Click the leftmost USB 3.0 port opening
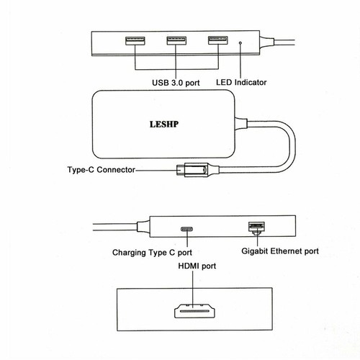[x=135, y=40]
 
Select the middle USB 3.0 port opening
[x=176, y=40]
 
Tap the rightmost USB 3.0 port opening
[x=218, y=40]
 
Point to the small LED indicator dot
[x=240, y=43]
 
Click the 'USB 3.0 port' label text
[x=176, y=83]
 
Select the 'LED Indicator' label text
[x=241, y=82]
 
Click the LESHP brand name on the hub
[x=164, y=124]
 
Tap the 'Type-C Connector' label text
[x=102, y=170]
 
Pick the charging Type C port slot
[x=187, y=229]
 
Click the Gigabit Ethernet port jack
[x=256, y=228]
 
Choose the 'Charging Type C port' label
[x=152, y=253]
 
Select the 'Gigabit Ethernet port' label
[x=280, y=251]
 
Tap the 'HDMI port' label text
[x=197, y=266]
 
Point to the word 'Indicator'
[x=251, y=82]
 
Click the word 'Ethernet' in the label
[x=286, y=251]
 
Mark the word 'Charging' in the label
[x=129, y=253]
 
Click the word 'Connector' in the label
[x=116, y=170]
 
